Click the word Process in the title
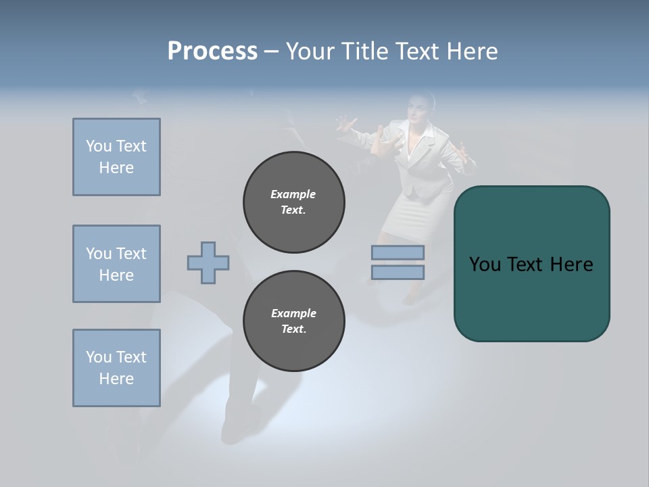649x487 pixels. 212,51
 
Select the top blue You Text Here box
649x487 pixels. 116,157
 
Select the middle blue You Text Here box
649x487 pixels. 116,264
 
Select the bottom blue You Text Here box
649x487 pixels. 116,368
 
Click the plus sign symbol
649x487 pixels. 208,262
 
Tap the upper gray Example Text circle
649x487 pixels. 293,202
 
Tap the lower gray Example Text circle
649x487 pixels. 293,321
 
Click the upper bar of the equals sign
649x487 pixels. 398,252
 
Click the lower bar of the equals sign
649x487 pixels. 398,272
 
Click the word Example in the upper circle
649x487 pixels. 293,194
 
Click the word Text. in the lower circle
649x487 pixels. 293,329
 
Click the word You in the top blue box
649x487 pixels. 98,146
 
